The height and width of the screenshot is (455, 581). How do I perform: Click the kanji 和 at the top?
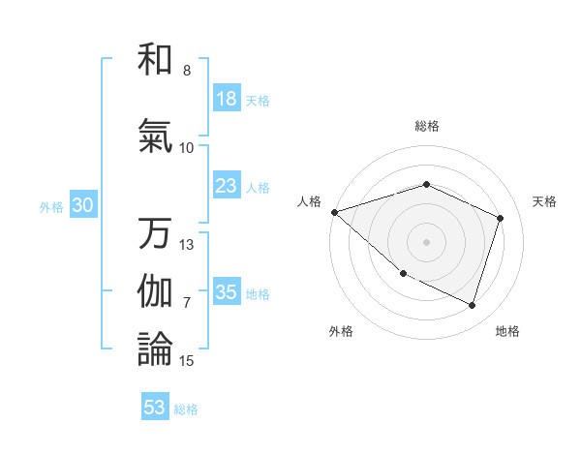(x=155, y=60)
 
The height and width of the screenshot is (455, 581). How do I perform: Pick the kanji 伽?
(x=155, y=291)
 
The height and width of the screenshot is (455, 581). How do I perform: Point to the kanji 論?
(x=155, y=349)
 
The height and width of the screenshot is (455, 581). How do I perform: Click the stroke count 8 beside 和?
(x=186, y=71)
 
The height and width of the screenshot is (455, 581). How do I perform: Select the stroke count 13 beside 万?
(x=187, y=245)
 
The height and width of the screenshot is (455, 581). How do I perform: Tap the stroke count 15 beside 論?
(x=187, y=361)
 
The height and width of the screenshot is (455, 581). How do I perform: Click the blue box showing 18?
(x=227, y=99)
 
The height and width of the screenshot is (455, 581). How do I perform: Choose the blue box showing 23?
(x=227, y=186)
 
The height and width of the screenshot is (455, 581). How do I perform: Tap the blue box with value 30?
(x=82, y=205)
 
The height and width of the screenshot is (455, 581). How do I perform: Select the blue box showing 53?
(x=155, y=408)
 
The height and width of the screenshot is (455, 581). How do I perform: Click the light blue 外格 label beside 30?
(x=51, y=206)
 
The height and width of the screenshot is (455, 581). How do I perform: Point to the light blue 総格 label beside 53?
(x=186, y=409)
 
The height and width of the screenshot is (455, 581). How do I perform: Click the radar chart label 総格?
(x=427, y=126)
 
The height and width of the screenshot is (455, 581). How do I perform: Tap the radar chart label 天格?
(x=545, y=201)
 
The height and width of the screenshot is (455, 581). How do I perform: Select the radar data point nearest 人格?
(x=334, y=212)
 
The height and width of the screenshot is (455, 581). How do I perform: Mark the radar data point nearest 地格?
(x=473, y=306)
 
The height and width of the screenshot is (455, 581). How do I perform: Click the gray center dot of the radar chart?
(x=427, y=241)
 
